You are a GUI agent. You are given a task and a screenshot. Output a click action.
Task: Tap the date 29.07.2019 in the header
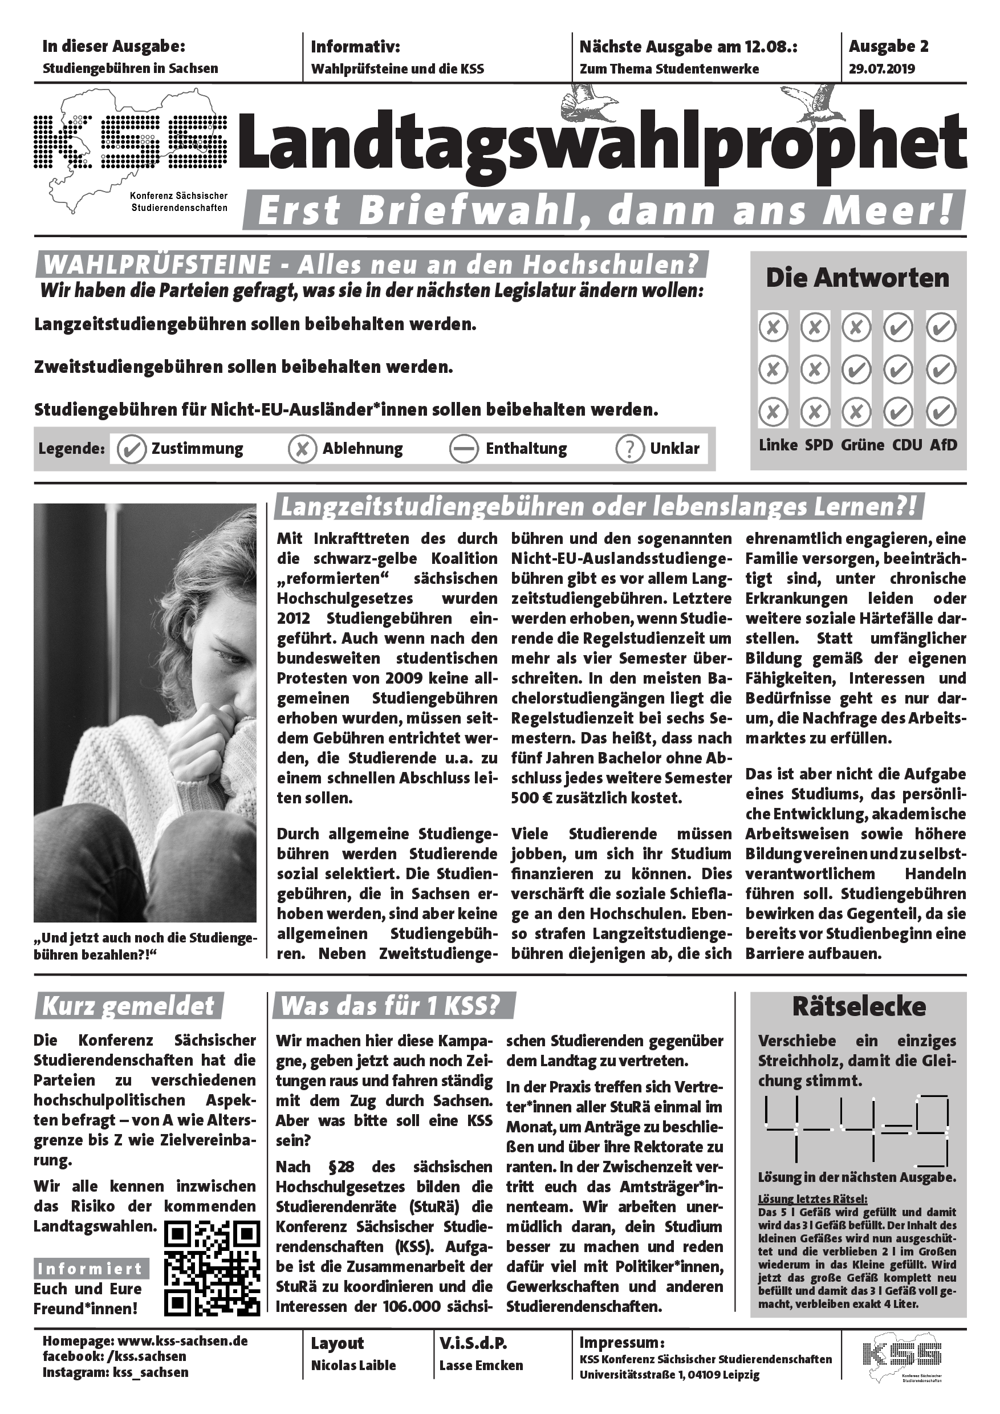tap(881, 69)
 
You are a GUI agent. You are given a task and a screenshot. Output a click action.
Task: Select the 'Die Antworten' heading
tap(858, 278)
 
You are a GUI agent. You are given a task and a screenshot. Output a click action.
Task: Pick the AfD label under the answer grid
tap(944, 445)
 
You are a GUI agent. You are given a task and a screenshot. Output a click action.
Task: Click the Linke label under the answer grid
tap(778, 445)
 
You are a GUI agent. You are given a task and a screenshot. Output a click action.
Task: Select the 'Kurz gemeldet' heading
tap(128, 1007)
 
